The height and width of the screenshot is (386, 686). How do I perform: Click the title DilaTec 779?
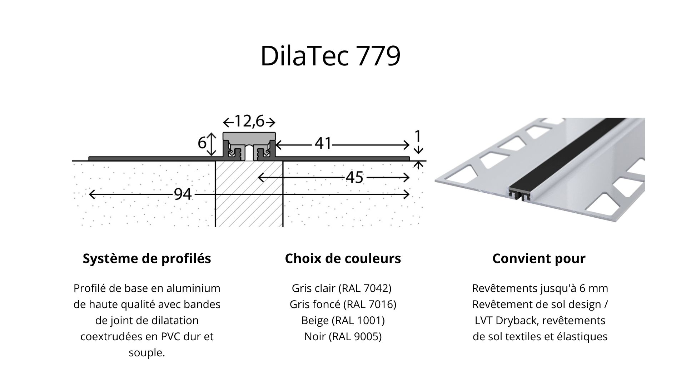(330, 56)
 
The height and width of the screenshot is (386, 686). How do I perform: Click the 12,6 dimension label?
(249, 122)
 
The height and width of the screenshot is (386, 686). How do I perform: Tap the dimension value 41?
(323, 144)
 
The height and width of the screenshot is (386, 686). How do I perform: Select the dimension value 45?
(354, 177)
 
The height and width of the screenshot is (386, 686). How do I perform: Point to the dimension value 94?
(183, 194)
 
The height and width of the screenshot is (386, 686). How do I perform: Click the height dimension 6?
(202, 143)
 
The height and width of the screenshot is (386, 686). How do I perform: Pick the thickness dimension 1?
(417, 136)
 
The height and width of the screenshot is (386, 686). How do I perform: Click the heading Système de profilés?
(147, 258)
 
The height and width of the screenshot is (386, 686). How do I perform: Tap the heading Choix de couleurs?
(343, 258)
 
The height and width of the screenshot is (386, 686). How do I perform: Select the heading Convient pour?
(539, 258)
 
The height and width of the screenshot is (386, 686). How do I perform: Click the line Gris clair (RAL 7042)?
(342, 288)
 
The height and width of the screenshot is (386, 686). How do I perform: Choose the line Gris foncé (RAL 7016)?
(343, 304)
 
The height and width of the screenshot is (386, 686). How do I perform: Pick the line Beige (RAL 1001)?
(343, 320)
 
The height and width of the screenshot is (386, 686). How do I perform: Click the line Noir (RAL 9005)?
(343, 336)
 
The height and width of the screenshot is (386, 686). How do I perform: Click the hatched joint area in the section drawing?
(249, 200)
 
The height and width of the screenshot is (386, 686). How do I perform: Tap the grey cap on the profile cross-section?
(249, 136)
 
